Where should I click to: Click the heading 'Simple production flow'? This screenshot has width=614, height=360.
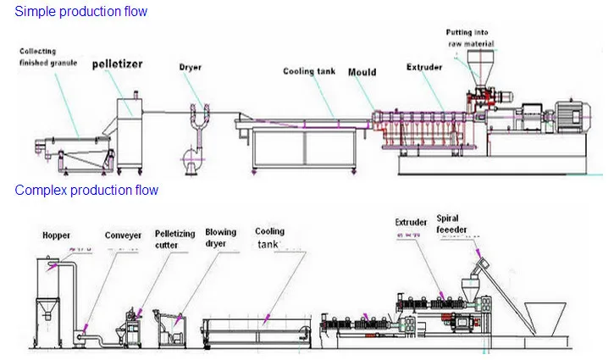click(x=81, y=12)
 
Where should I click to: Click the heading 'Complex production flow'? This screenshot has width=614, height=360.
click(x=86, y=191)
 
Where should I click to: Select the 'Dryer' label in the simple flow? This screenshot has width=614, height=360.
click(x=191, y=67)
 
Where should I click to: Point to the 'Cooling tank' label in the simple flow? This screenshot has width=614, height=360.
click(x=310, y=72)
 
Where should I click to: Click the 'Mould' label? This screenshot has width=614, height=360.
click(x=362, y=72)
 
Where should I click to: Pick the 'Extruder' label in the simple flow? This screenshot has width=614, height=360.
click(x=424, y=66)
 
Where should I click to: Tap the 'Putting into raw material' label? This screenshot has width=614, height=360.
click(x=471, y=38)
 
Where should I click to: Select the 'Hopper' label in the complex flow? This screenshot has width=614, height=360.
click(x=58, y=235)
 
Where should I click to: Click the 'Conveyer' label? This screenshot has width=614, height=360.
click(x=123, y=235)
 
